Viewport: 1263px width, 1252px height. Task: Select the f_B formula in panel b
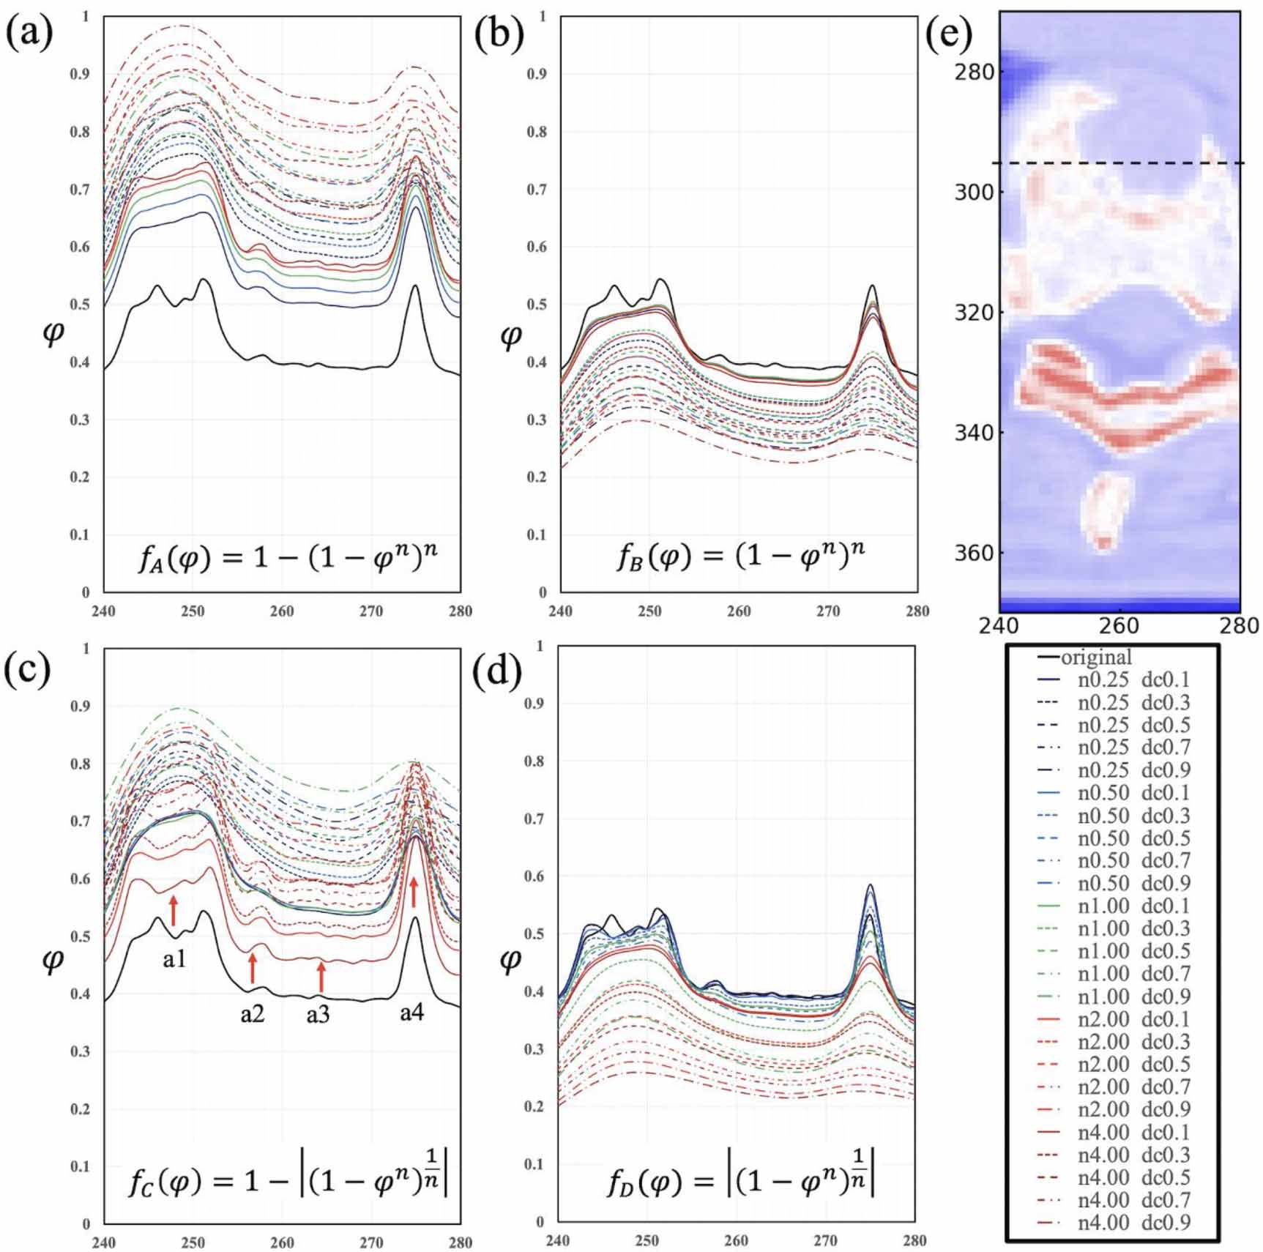[x=739, y=559]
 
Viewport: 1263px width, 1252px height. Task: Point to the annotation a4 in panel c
[x=411, y=1014]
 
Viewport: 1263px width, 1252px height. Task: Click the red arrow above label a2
[x=252, y=967]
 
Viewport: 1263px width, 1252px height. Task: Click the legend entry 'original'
[x=1095, y=657]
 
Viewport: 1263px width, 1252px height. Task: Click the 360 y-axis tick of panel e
[x=973, y=553]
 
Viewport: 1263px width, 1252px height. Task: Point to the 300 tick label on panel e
[x=973, y=192]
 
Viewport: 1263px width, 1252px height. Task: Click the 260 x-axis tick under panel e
[x=1120, y=626]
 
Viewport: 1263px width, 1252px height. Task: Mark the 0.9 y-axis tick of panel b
[x=538, y=74]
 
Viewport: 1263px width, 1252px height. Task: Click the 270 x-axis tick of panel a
[x=371, y=611]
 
